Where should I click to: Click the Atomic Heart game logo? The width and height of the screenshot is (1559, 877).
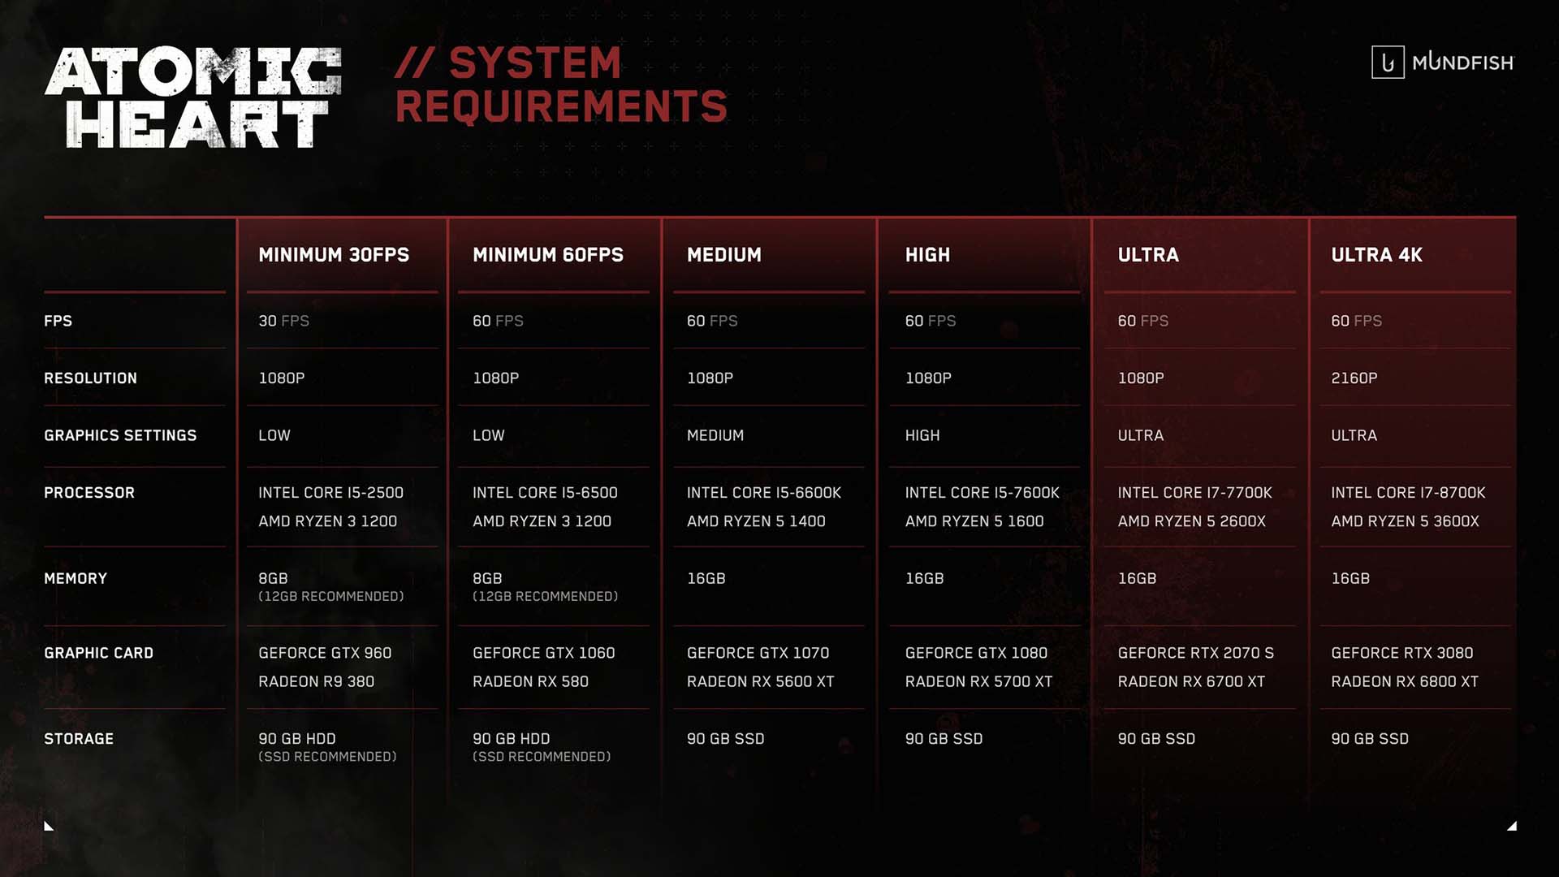193,97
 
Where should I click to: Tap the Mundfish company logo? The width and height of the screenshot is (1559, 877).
1443,63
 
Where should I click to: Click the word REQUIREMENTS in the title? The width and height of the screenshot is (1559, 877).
561,106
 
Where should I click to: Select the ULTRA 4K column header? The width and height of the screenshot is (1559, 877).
1376,255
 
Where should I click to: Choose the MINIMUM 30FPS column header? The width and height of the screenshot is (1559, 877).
334,255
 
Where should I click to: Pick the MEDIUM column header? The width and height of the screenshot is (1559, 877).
724,255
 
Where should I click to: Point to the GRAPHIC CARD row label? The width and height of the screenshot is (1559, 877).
98,653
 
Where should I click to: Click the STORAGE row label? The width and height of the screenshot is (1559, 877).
79,739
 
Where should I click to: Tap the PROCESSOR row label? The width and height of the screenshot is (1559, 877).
89,493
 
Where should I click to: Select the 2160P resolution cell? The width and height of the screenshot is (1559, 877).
1354,378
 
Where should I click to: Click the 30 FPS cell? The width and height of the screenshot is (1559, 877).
283,322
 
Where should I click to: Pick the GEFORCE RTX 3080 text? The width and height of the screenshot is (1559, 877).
1401,653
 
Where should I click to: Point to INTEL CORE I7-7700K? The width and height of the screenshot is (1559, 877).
1194,493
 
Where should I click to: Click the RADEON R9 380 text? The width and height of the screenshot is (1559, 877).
316,682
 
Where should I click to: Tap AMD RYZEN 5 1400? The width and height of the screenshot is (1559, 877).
756,521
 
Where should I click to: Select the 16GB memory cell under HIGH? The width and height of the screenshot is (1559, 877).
924,579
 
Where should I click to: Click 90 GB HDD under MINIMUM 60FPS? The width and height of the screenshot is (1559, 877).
511,739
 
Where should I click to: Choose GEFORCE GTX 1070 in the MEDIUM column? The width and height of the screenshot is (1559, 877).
758,653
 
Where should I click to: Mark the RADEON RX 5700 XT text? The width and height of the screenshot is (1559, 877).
978,682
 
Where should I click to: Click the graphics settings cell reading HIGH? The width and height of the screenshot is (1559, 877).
922,436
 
